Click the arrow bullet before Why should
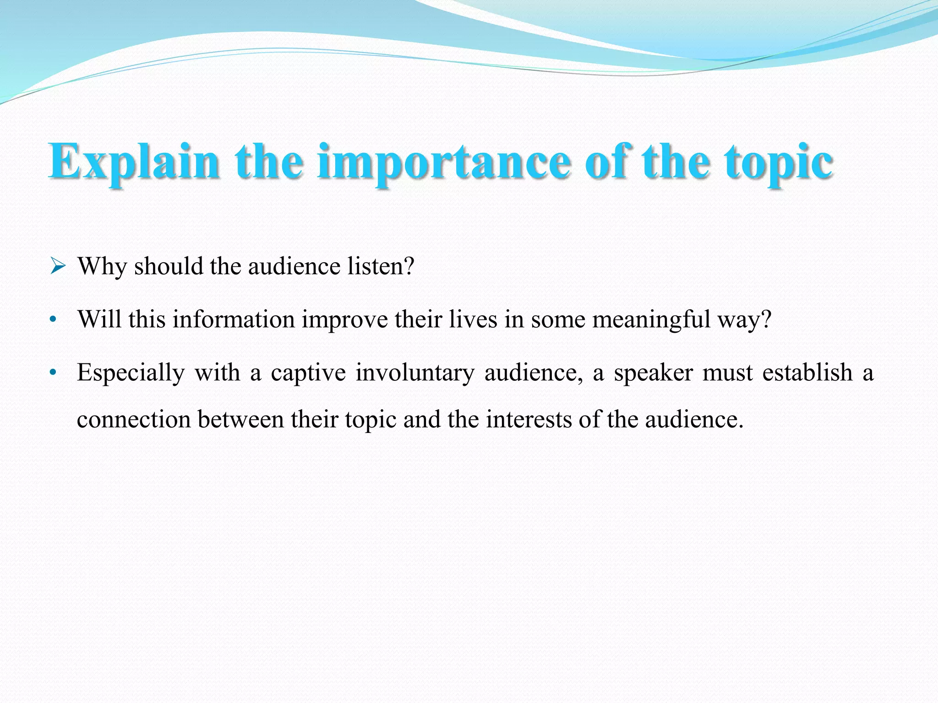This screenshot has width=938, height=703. click(x=58, y=265)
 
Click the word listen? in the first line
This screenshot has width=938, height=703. click(x=381, y=266)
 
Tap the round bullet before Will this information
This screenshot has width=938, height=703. click(x=54, y=319)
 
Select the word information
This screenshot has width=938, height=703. click(x=234, y=319)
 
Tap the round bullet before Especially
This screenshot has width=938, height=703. click(x=54, y=373)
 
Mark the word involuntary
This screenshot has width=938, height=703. click(x=415, y=372)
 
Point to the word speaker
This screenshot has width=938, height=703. click(x=653, y=372)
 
